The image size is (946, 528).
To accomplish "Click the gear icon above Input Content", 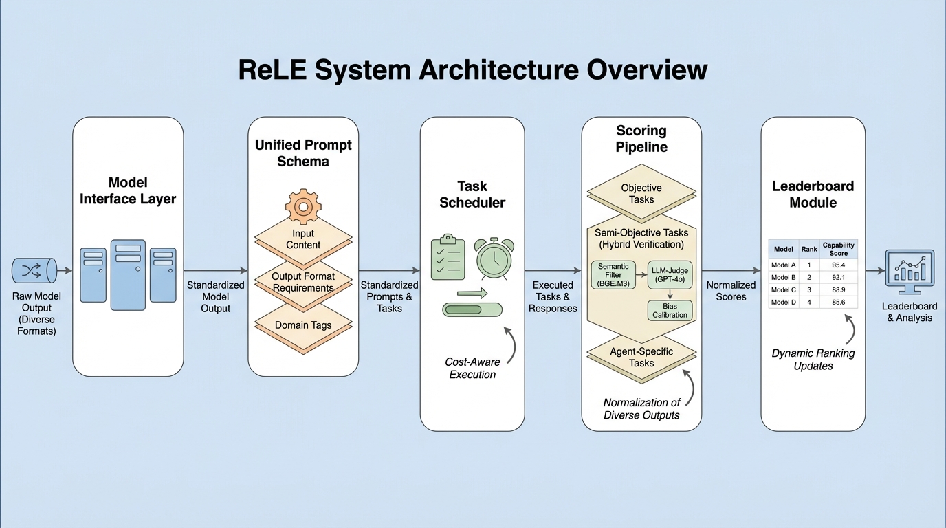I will click(x=303, y=206).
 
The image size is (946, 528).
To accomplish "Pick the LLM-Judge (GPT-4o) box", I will click(x=669, y=275).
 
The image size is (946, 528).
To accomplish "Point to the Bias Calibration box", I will click(x=669, y=310).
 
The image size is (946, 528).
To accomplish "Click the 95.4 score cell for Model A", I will click(x=838, y=265).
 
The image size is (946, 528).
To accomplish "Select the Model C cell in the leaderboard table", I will click(x=784, y=289).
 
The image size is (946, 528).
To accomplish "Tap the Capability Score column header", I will click(x=838, y=249).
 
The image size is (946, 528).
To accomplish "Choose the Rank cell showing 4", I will click(x=809, y=302).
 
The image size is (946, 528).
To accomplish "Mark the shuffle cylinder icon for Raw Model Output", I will click(x=34, y=271).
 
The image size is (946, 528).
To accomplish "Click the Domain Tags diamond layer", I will click(x=303, y=324).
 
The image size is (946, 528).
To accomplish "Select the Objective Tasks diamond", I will click(x=641, y=193).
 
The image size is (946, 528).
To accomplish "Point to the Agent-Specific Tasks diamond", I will click(x=641, y=357).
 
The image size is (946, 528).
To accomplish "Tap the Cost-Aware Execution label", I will click(x=472, y=368).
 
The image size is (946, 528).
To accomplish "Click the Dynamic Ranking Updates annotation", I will click(x=814, y=359).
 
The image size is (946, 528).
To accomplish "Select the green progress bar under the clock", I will click(x=474, y=309).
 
